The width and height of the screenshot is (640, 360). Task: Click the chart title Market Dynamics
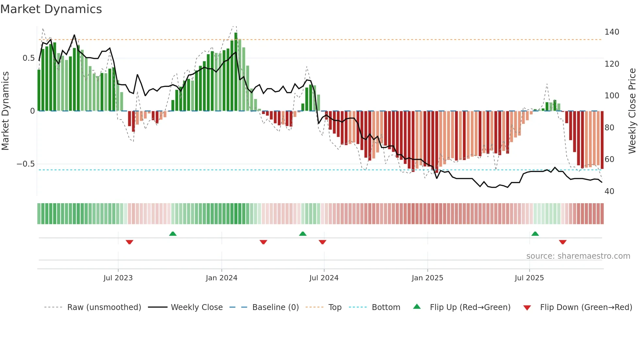[x=51, y=9]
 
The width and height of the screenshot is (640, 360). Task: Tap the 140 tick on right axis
[x=612, y=32]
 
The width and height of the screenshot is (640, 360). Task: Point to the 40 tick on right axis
[x=609, y=191]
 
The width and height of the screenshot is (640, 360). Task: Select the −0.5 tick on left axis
[x=25, y=164]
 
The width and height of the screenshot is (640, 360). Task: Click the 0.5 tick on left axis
[x=28, y=58]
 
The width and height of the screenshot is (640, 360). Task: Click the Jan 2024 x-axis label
[x=221, y=278]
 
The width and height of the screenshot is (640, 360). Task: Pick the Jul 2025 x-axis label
[x=529, y=278]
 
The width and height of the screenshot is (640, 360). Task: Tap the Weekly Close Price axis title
[x=632, y=111]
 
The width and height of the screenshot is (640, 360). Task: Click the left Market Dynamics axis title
[x=5, y=111]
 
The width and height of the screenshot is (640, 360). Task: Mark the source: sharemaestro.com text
[x=578, y=256]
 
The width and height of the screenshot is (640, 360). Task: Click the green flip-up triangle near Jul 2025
[x=535, y=234]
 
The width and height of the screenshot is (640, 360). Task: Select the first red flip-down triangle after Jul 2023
[x=129, y=242]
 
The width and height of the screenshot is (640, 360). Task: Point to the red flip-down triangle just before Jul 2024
[x=322, y=242]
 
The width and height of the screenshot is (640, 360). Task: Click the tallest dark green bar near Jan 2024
[x=236, y=72]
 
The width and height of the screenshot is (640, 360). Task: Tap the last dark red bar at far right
[x=602, y=140]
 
